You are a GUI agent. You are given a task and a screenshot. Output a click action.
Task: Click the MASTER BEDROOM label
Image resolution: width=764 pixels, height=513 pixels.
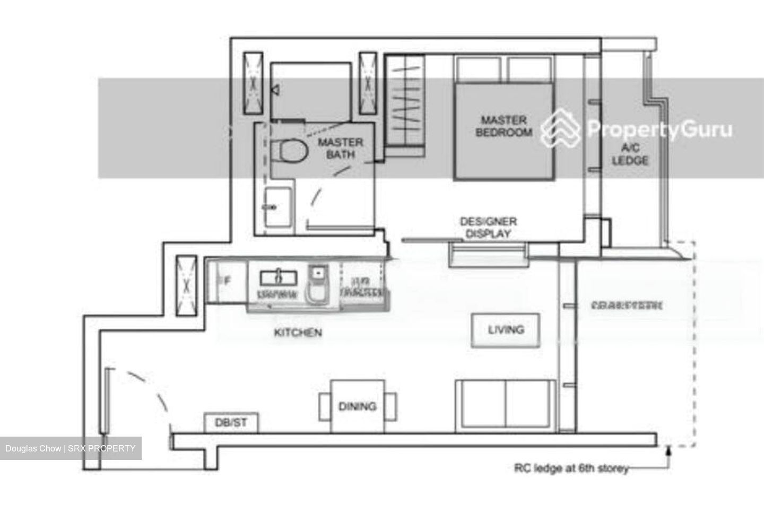point(503,126)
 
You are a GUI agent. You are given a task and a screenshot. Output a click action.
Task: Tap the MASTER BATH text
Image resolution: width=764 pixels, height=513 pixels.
point(340,149)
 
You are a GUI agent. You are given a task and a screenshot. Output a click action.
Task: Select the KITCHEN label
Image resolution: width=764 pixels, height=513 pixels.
point(298,333)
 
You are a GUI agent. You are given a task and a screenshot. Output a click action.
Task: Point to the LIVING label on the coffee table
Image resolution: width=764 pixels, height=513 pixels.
point(506,329)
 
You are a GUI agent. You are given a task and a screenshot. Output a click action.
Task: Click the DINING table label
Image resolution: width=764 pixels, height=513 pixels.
point(357,406)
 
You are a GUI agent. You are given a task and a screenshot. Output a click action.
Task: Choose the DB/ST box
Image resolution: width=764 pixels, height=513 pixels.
point(231,423)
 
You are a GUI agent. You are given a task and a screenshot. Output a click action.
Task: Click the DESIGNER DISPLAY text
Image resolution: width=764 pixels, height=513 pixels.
point(488,227)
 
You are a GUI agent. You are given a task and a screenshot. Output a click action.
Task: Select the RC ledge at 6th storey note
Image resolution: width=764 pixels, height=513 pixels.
point(571,468)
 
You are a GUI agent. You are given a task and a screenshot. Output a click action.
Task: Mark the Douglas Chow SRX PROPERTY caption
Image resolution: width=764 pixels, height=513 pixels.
point(71,448)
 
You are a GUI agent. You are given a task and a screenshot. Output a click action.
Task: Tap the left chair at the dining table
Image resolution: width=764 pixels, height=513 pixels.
point(324,406)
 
